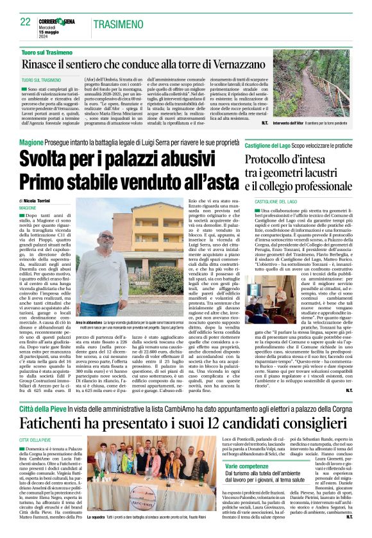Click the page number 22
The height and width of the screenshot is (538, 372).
(25, 22)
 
